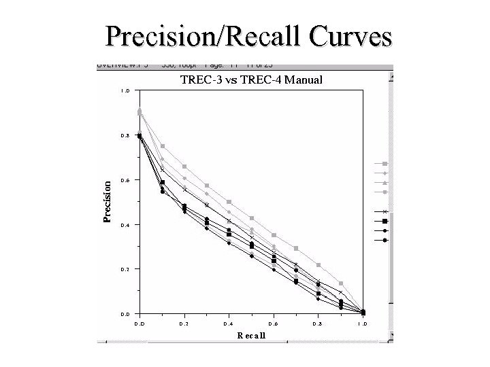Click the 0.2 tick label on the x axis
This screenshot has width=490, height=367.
184,324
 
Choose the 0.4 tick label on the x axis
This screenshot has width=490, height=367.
229,324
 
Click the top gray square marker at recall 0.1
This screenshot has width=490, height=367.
163,146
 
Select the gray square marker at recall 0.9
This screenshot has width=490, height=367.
341,283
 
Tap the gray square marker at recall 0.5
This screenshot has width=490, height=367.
252,218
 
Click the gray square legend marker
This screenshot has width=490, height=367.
385,164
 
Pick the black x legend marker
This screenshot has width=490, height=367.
385,212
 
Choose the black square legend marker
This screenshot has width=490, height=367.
385,222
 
